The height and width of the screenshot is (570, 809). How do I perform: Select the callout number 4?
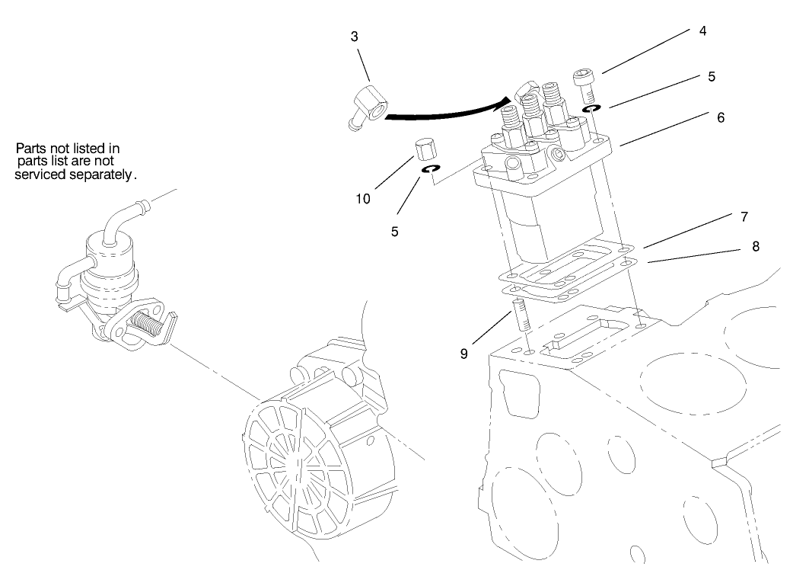tap(703, 31)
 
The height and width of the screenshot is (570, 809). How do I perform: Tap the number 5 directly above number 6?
tap(712, 77)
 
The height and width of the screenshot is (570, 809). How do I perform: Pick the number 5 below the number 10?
tap(395, 231)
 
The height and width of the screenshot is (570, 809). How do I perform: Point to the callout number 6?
tap(720, 118)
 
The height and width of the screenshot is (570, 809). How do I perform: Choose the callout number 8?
tap(756, 246)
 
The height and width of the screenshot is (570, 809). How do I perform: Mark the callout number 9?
tap(463, 354)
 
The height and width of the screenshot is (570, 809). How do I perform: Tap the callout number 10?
tap(363, 199)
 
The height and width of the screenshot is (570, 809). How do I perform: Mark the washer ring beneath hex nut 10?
tap(429, 168)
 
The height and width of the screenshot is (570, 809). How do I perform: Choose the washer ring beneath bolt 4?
tap(590, 110)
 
